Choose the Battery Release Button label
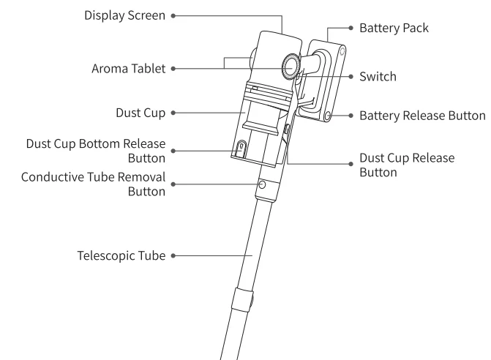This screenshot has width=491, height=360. pos(422,116)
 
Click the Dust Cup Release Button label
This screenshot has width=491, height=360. pos(407,165)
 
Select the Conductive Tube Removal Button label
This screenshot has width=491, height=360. pos(93,184)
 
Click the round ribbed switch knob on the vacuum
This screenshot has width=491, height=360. pos(291,65)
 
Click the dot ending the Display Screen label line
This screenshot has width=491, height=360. pos(173,15)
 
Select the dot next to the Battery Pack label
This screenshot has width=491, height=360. pos(351,29)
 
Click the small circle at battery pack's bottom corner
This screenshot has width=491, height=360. pos(330,116)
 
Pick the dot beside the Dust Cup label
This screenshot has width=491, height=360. pos(173,113)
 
